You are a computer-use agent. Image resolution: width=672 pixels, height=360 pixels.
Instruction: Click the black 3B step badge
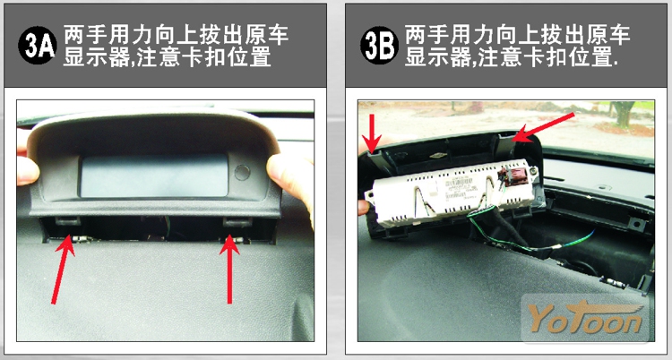pyautogui.click(x=379, y=46)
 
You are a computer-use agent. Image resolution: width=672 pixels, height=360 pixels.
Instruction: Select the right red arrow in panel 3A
pyautogui.click(x=229, y=269)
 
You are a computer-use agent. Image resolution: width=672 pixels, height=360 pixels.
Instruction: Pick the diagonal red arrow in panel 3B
pyautogui.click(x=544, y=127)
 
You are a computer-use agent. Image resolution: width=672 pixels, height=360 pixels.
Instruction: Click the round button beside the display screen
pyautogui.click(x=242, y=172)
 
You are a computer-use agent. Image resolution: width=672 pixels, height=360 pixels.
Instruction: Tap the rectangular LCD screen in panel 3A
pyautogui.click(x=154, y=176)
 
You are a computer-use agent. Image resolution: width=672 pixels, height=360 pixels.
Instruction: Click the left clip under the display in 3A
pyautogui.click(x=68, y=220)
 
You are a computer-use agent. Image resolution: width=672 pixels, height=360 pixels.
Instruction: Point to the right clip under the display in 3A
pyautogui.click(x=237, y=221)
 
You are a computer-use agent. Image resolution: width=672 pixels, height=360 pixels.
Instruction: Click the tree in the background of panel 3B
pyautogui.click(x=622, y=113)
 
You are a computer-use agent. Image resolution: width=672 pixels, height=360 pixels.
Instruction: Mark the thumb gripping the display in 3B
pyautogui.click(x=364, y=208)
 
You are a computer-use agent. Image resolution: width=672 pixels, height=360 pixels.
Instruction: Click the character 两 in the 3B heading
pyautogui.click(x=416, y=35)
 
